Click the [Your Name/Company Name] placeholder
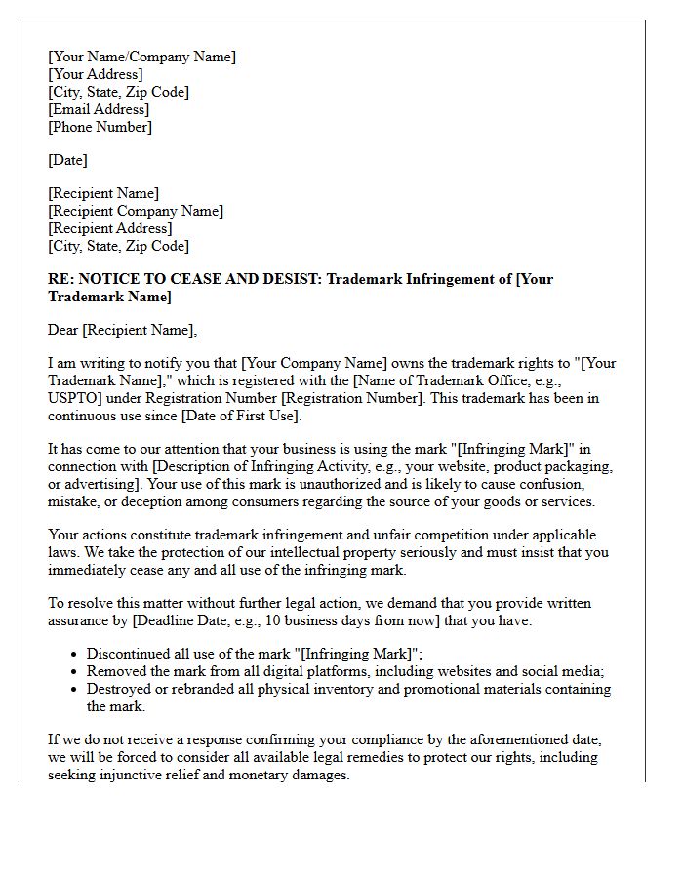click(141, 57)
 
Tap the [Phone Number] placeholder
click(100, 127)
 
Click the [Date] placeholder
click(67, 160)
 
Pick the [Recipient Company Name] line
click(136, 211)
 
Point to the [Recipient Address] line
click(109, 228)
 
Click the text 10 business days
click(279, 620)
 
